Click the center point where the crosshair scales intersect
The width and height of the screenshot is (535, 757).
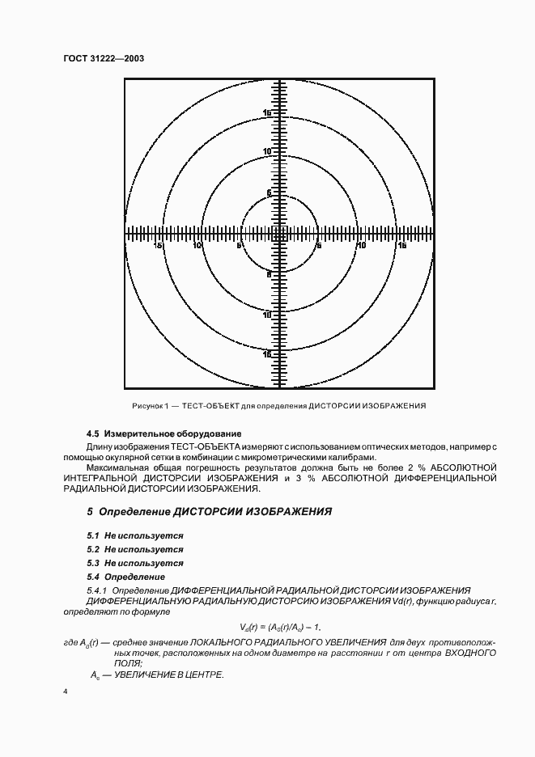(279, 235)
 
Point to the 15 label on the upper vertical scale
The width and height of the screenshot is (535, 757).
(267, 113)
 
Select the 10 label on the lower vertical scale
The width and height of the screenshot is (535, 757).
(267, 315)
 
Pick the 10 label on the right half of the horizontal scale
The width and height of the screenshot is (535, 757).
(360, 245)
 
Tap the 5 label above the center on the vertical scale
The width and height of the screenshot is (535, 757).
(269, 193)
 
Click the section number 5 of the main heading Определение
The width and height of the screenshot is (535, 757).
(90, 512)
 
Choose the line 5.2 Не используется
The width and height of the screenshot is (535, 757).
(135, 549)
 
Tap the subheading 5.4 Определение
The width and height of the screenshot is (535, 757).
(125, 577)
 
